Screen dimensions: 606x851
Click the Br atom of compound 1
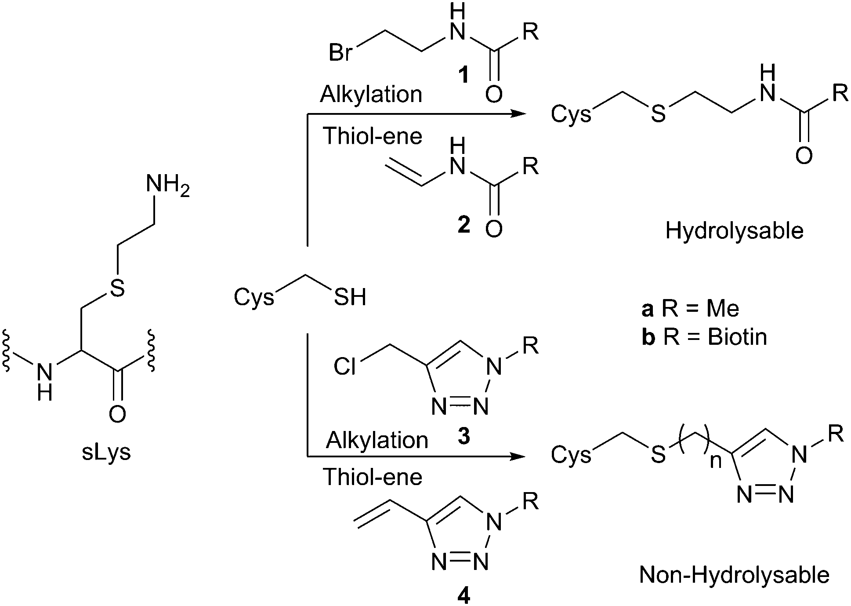(341, 53)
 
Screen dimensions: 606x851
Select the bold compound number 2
(463, 225)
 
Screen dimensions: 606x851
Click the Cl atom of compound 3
(345, 366)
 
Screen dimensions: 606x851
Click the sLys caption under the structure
(106, 453)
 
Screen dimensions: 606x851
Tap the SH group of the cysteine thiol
(350, 297)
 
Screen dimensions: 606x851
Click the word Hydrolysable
(734, 231)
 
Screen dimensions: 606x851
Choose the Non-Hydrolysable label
(734, 575)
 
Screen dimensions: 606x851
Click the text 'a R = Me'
(690, 309)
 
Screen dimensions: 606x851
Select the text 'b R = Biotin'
(704, 337)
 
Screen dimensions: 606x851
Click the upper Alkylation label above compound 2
(371, 95)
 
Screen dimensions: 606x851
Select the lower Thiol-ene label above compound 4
(373, 477)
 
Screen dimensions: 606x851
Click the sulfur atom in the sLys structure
(117, 288)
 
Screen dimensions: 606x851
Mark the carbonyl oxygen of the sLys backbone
(117, 414)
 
